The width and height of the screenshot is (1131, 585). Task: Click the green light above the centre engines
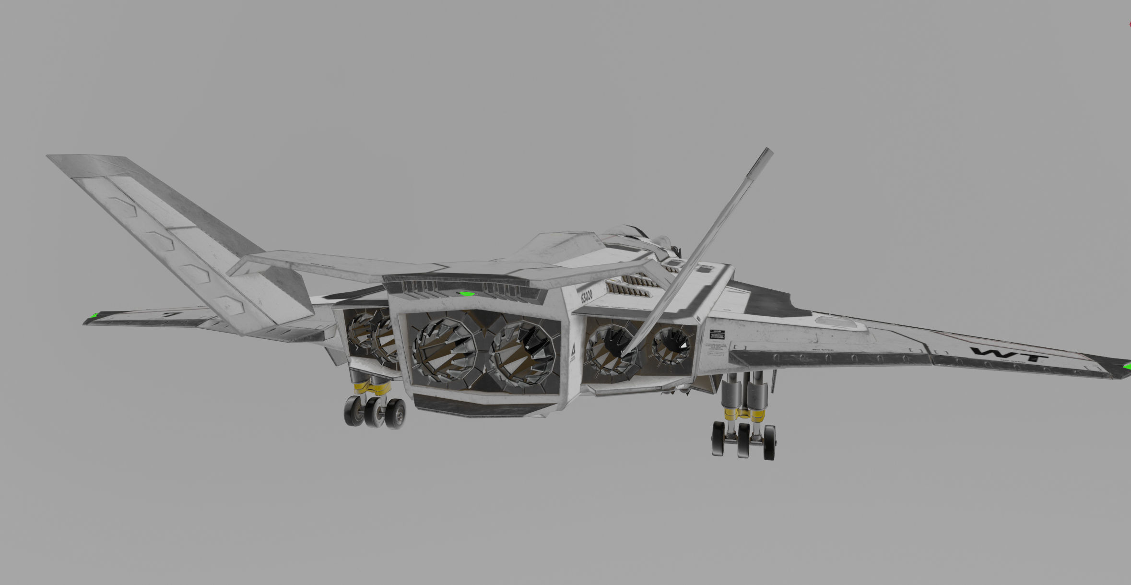[465, 293]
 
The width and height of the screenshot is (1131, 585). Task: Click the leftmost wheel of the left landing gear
[354, 411]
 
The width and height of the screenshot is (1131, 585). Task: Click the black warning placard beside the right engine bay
[718, 333]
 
